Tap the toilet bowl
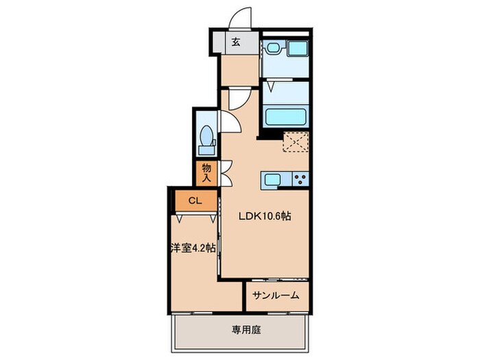coord(204,135)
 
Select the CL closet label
coord(193,201)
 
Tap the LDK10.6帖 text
coord(265,215)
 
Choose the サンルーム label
coord(276,296)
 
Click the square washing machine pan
coord(298,49)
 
